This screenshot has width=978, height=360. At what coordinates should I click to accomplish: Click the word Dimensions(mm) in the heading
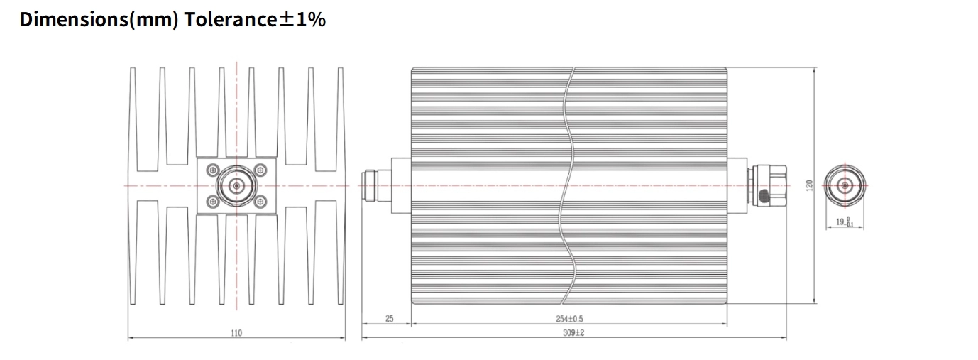pyautogui.click(x=99, y=20)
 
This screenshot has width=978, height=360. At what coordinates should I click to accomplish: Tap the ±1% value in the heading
pyautogui.click(x=302, y=19)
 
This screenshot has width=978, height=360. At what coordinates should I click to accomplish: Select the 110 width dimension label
pyautogui.click(x=236, y=333)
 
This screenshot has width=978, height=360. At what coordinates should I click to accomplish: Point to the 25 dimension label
pyautogui.click(x=390, y=319)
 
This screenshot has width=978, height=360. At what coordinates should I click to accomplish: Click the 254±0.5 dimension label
pyautogui.click(x=569, y=319)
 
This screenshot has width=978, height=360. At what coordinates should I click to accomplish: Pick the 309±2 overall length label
pyautogui.click(x=573, y=333)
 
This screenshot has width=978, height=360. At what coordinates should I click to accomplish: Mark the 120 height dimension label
pyautogui.click(x=810, y=185)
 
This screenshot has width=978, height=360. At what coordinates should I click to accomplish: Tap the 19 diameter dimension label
pyautogui.click(x=845, y=222)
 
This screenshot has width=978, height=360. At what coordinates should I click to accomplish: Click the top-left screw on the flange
pyautogui.click(x=213, y=170)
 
